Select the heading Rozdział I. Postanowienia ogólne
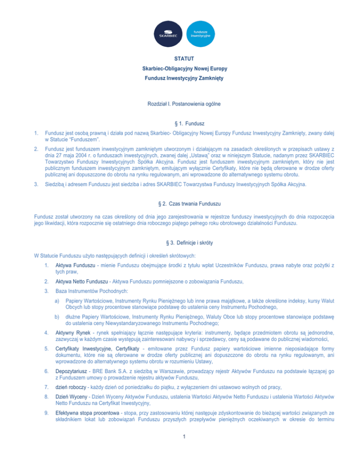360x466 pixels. click(x=180, y=103)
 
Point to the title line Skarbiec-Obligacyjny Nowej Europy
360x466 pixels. click(x=180, y=69)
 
